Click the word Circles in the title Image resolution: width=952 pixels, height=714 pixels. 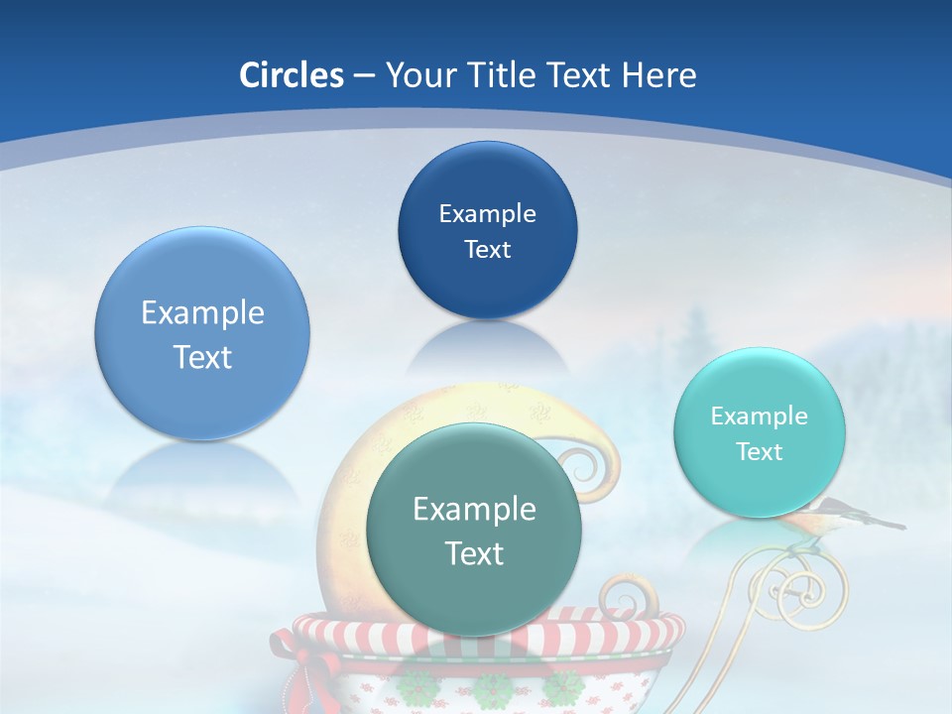pos(291,75)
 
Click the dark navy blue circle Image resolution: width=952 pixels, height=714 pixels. pos(487,230)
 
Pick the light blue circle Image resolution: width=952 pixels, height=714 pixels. pos(202,333)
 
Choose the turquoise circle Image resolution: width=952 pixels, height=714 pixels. pos(760,432)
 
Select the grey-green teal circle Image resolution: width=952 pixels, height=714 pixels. pos(474,530)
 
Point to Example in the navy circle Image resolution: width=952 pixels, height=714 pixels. pos(487,213)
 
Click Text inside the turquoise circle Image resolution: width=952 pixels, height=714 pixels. pos(760,451)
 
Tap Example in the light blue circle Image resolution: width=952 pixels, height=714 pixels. pos(202,313)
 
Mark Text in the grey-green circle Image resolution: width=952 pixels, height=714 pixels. pos(474,552)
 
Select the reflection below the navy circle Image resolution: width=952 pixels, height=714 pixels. pos(486,347)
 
